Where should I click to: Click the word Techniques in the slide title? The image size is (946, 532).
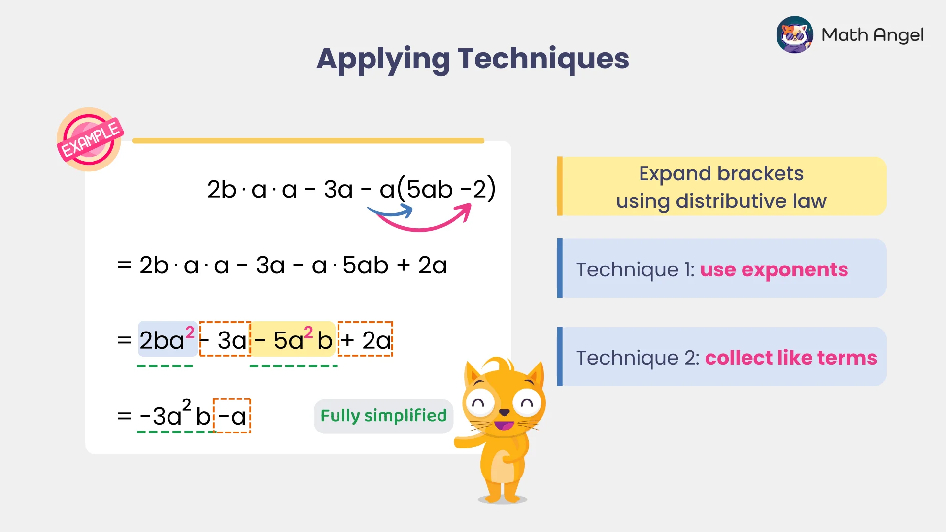point(543,59)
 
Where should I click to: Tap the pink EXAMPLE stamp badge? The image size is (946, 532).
point(90,139)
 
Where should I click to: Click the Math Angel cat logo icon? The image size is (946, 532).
point(794,35)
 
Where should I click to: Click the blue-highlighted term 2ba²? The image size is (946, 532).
point(167,339)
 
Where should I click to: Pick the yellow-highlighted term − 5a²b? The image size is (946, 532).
point(294,339)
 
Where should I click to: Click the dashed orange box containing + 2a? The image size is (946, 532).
point(365,339)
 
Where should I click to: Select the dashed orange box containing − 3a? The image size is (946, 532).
point(225,339)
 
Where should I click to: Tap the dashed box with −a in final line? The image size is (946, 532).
point(232,416)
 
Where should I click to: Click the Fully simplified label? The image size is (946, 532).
point(383,416)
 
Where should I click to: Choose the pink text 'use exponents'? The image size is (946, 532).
point(774,269)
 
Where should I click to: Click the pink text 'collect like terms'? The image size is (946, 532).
point(790,358)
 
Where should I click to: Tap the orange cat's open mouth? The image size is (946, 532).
point(504,425)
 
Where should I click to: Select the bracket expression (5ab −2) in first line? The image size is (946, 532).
point(446,189)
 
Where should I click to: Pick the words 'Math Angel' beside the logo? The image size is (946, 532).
point(872,35)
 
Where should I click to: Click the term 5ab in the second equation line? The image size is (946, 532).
point(366,266)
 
